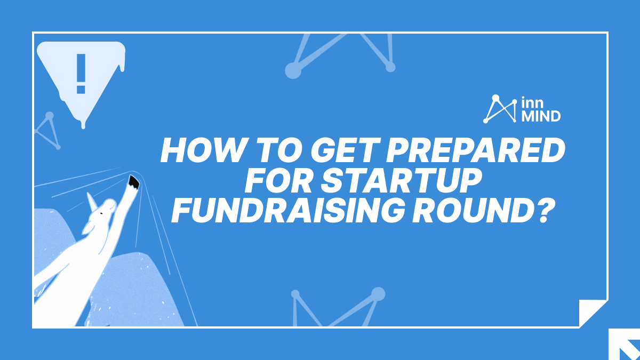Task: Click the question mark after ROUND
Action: (x=537, y=211)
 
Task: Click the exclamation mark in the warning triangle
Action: (x=81, y=74)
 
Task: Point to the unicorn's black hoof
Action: (x=133, y=182)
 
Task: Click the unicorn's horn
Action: (x=91, y=201)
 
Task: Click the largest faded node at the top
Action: (x=293, y=70)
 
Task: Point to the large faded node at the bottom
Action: (x=378, y=294)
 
